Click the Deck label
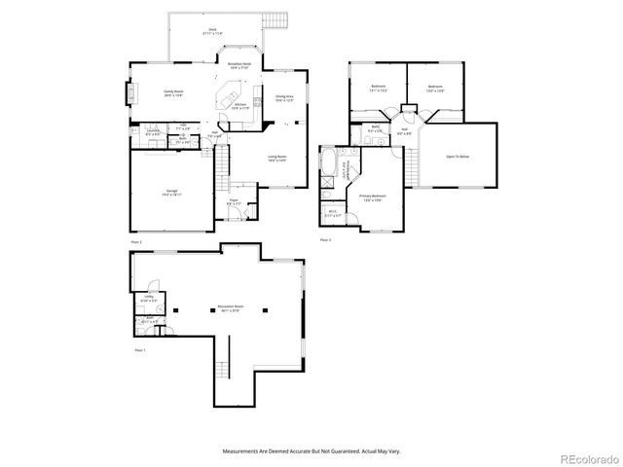coord(212,30)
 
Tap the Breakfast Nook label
coord(239,65)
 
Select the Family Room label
coord(173,93)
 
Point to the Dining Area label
coord(284,97)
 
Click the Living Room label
coord(276,158)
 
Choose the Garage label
coord(171,193)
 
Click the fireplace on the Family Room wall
coord(128,94)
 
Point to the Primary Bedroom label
coord(373,198)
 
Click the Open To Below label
coord(458,157)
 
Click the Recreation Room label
coord(231,307)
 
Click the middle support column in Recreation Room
coord(211,310)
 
